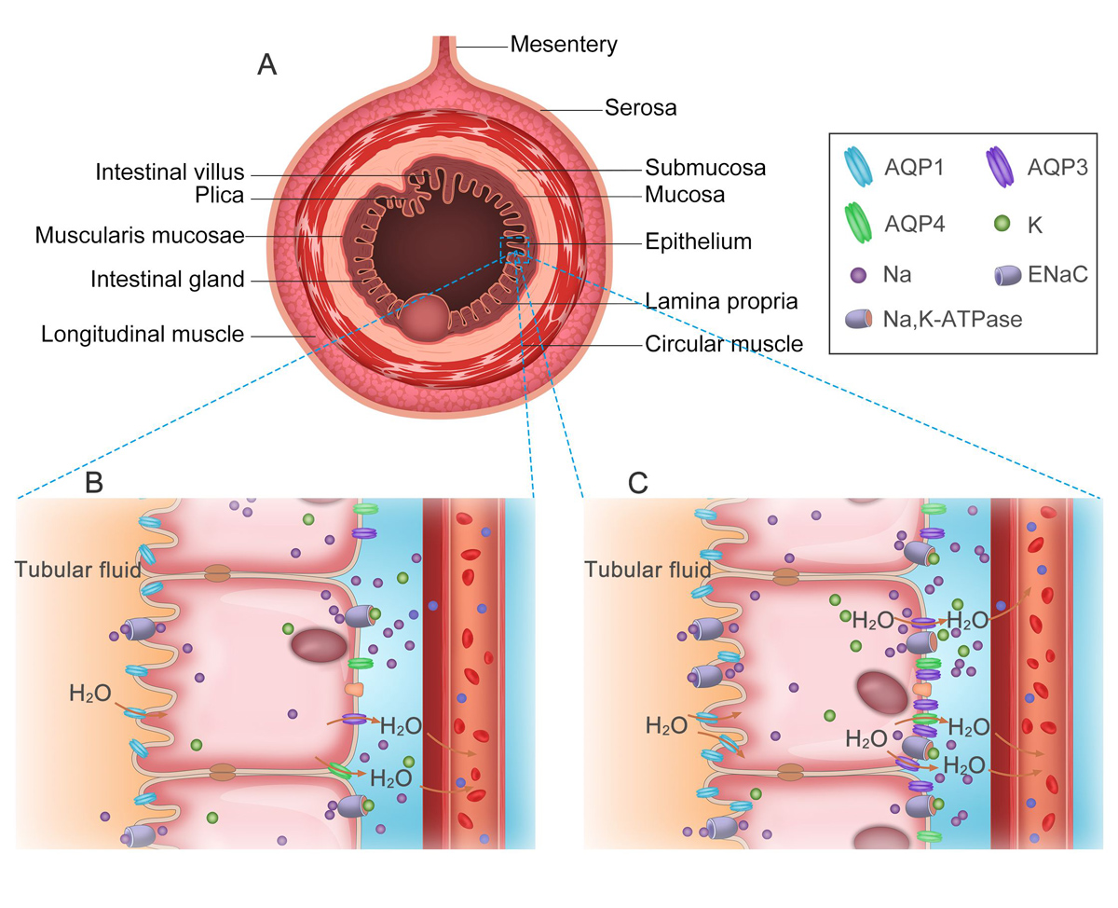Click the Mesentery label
click(564, 44)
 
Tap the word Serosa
click(640, 109)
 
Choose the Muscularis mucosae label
click(140, 236)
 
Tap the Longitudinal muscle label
click(143, 333)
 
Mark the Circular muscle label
click(723, 345)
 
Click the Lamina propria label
click(721, 303)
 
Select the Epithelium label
click(697, 242)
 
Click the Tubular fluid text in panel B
click(77, 569)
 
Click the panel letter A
click(267, 65)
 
